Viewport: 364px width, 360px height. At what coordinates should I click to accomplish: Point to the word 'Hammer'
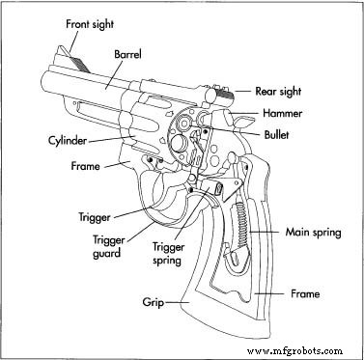(x=287, y=112)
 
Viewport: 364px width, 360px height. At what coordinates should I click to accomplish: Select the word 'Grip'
(x=148, y=303)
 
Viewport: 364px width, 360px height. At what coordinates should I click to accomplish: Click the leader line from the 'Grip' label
(x=173, y=303)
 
